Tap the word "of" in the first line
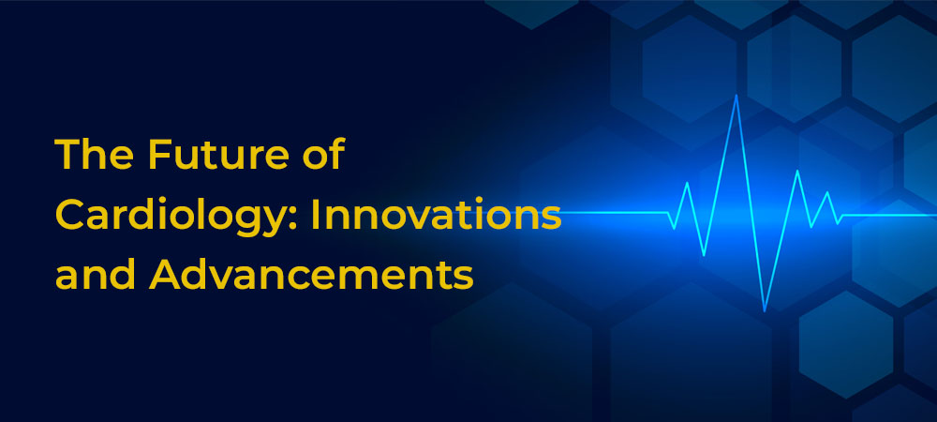326,156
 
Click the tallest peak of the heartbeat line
736,96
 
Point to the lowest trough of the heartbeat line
765,310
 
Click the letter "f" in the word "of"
337,155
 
